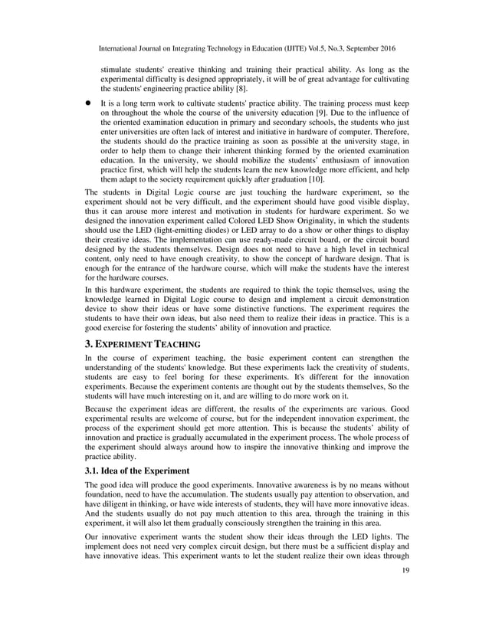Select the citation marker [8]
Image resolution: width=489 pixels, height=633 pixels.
click(x=215, y=93)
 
